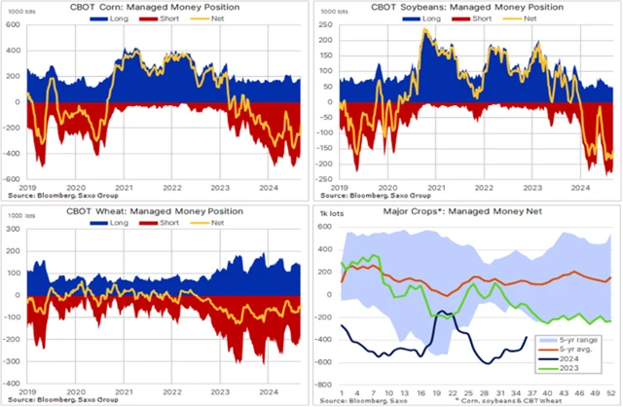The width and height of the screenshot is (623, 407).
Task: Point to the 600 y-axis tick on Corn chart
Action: [x=13, y=23]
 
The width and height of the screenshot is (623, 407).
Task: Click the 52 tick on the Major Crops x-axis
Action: [x=609, y=392]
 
